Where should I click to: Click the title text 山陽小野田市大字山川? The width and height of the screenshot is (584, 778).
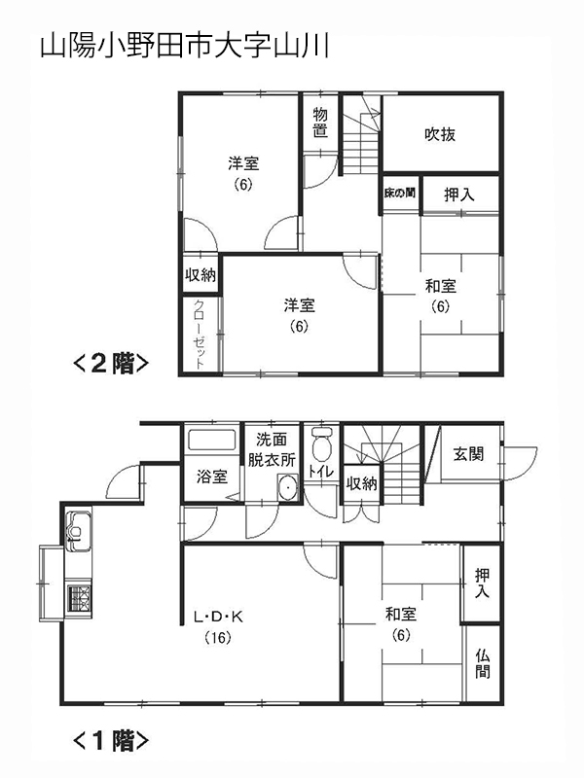click(184, 48)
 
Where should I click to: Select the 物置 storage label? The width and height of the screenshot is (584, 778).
click(320, 124)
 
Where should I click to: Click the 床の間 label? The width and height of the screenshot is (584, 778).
click(399, 193)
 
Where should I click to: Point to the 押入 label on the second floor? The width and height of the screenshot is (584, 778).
click(460, 194)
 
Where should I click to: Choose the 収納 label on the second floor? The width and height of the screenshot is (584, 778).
click(201, 275)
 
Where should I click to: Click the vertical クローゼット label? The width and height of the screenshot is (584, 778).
click(200, 334)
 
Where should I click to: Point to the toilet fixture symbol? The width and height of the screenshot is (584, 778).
click(322, 445)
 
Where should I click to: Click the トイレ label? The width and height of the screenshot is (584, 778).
click(320, 472)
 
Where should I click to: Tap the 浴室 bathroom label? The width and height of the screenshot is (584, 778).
click(212, 477)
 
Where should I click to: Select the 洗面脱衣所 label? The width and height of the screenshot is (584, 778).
click(273, 449)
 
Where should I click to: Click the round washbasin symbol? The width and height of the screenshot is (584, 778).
click(287, 489)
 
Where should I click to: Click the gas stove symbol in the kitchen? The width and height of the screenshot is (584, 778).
click(78, 596)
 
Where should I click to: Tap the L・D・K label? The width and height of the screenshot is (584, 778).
click(216, 617)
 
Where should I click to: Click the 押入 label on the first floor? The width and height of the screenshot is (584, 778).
click(483, 583)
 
